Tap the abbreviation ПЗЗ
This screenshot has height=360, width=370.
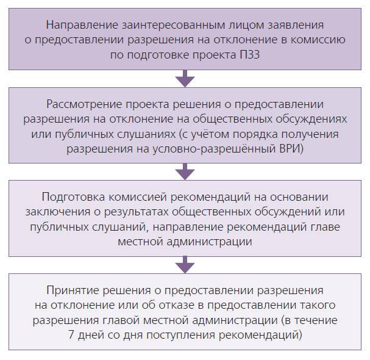[x=250, y=55]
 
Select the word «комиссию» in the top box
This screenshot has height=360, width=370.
[x=318, y=40]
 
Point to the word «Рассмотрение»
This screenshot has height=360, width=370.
[x=84, y=104]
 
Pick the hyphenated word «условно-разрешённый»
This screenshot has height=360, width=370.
[x=215, y=149]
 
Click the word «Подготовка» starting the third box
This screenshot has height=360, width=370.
[x=73, y=197]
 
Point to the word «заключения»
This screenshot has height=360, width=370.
[x=58, y=212]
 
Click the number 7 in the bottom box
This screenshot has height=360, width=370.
[x=71, y=335]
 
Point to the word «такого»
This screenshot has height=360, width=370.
[x=318, y=305]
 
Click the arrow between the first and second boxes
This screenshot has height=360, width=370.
[x=185, y=79]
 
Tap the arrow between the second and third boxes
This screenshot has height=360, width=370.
[x=185, y=171]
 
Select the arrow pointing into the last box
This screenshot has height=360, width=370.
[x=185, y=265]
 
